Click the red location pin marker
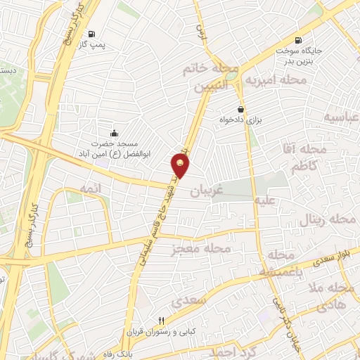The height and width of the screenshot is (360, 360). (181, 166)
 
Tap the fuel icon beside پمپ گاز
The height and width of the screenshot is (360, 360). (91, 34)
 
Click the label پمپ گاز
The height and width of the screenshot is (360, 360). (91, 45)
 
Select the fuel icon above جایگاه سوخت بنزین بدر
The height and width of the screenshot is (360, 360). (300, 41)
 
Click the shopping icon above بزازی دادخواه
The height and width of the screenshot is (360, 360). (241, 110)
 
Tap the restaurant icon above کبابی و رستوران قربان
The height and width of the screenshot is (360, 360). (161, 321)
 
